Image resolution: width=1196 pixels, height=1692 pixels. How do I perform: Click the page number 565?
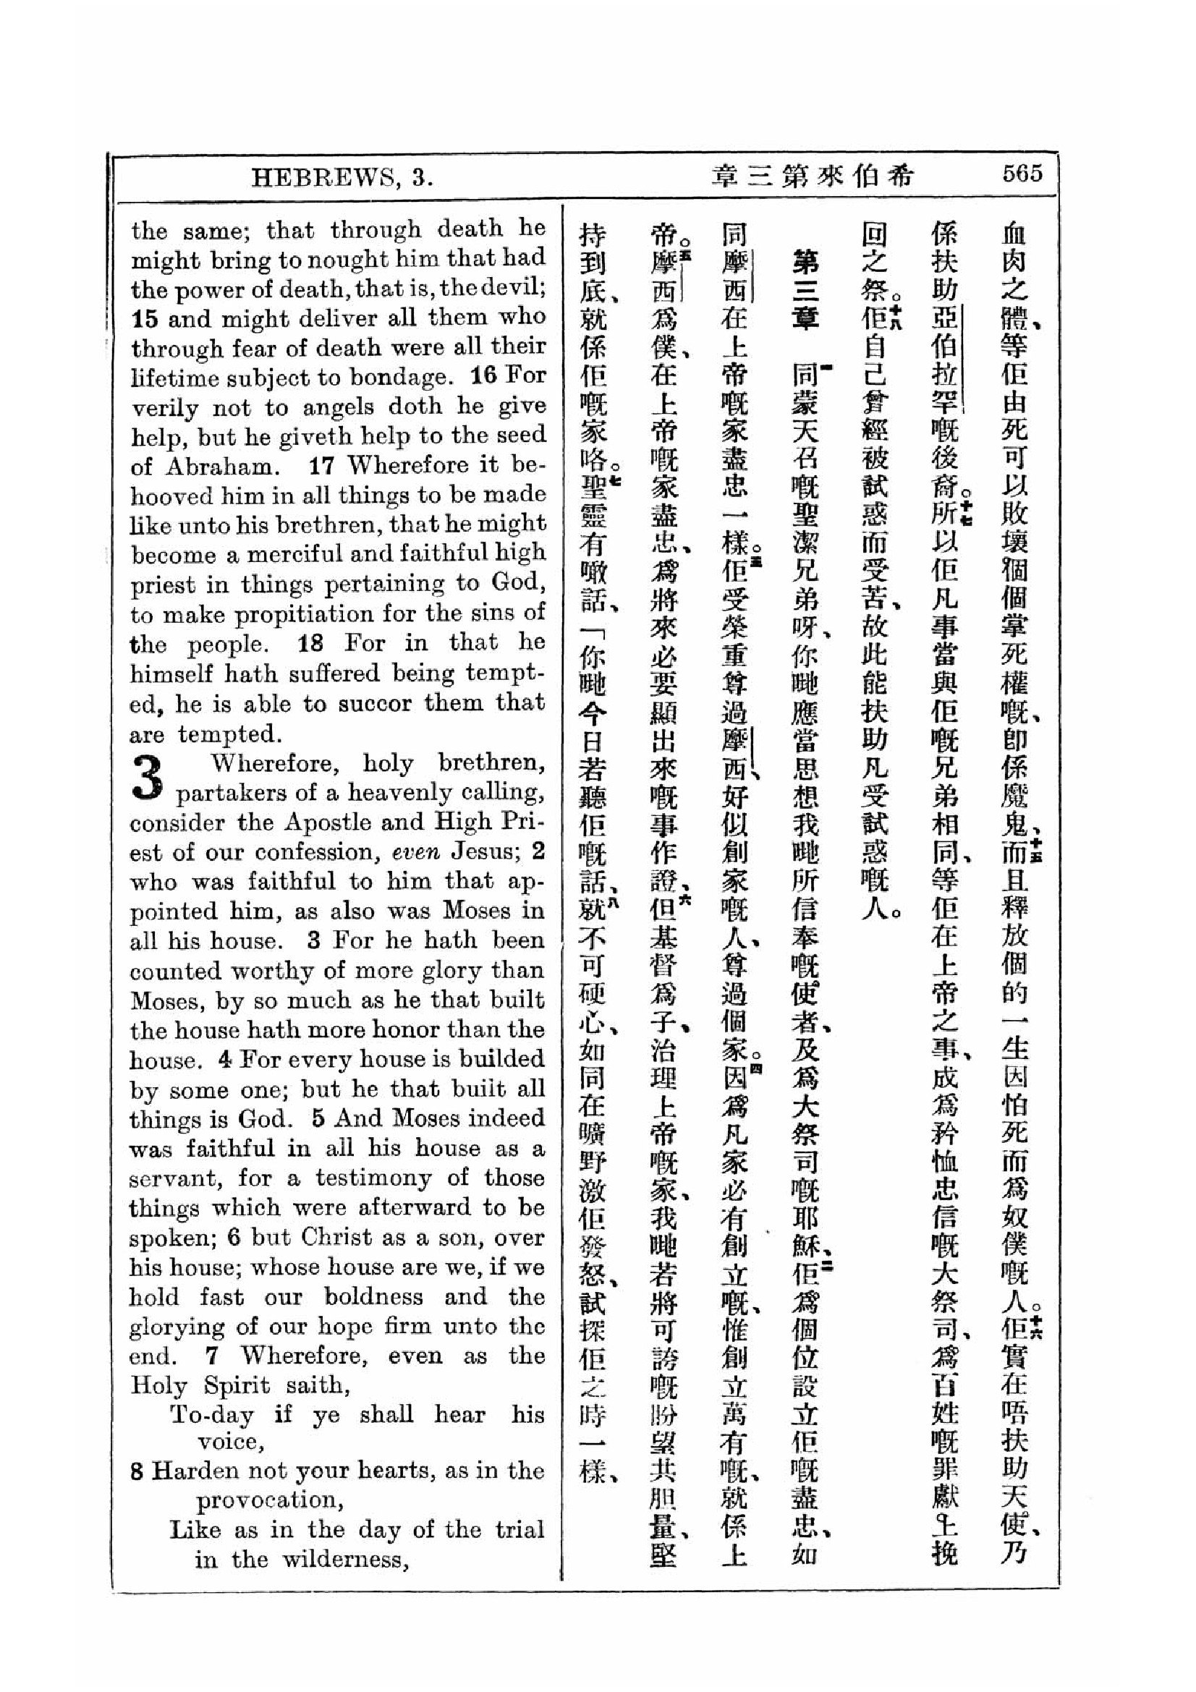(1022, 174)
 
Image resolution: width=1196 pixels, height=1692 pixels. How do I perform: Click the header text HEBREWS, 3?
(342, 178)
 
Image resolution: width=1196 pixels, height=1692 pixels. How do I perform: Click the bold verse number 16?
(483, 377)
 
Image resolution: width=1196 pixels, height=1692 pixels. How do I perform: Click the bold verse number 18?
(310, 643)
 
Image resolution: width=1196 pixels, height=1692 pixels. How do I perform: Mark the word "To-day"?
(213, 1415)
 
